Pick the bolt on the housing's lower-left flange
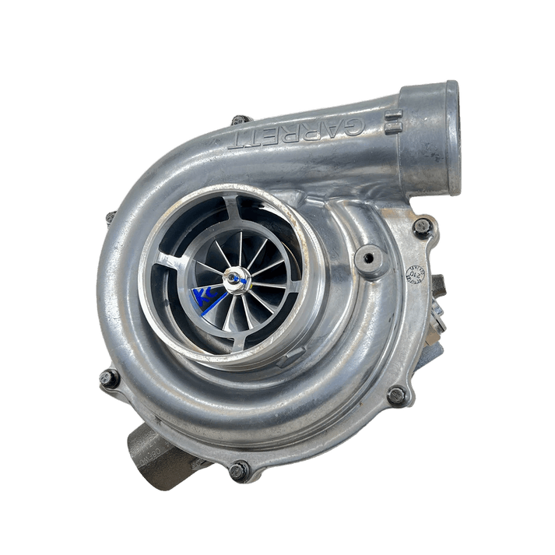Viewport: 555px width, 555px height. pos(108,379)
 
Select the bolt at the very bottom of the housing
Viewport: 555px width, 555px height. pos(239,469)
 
